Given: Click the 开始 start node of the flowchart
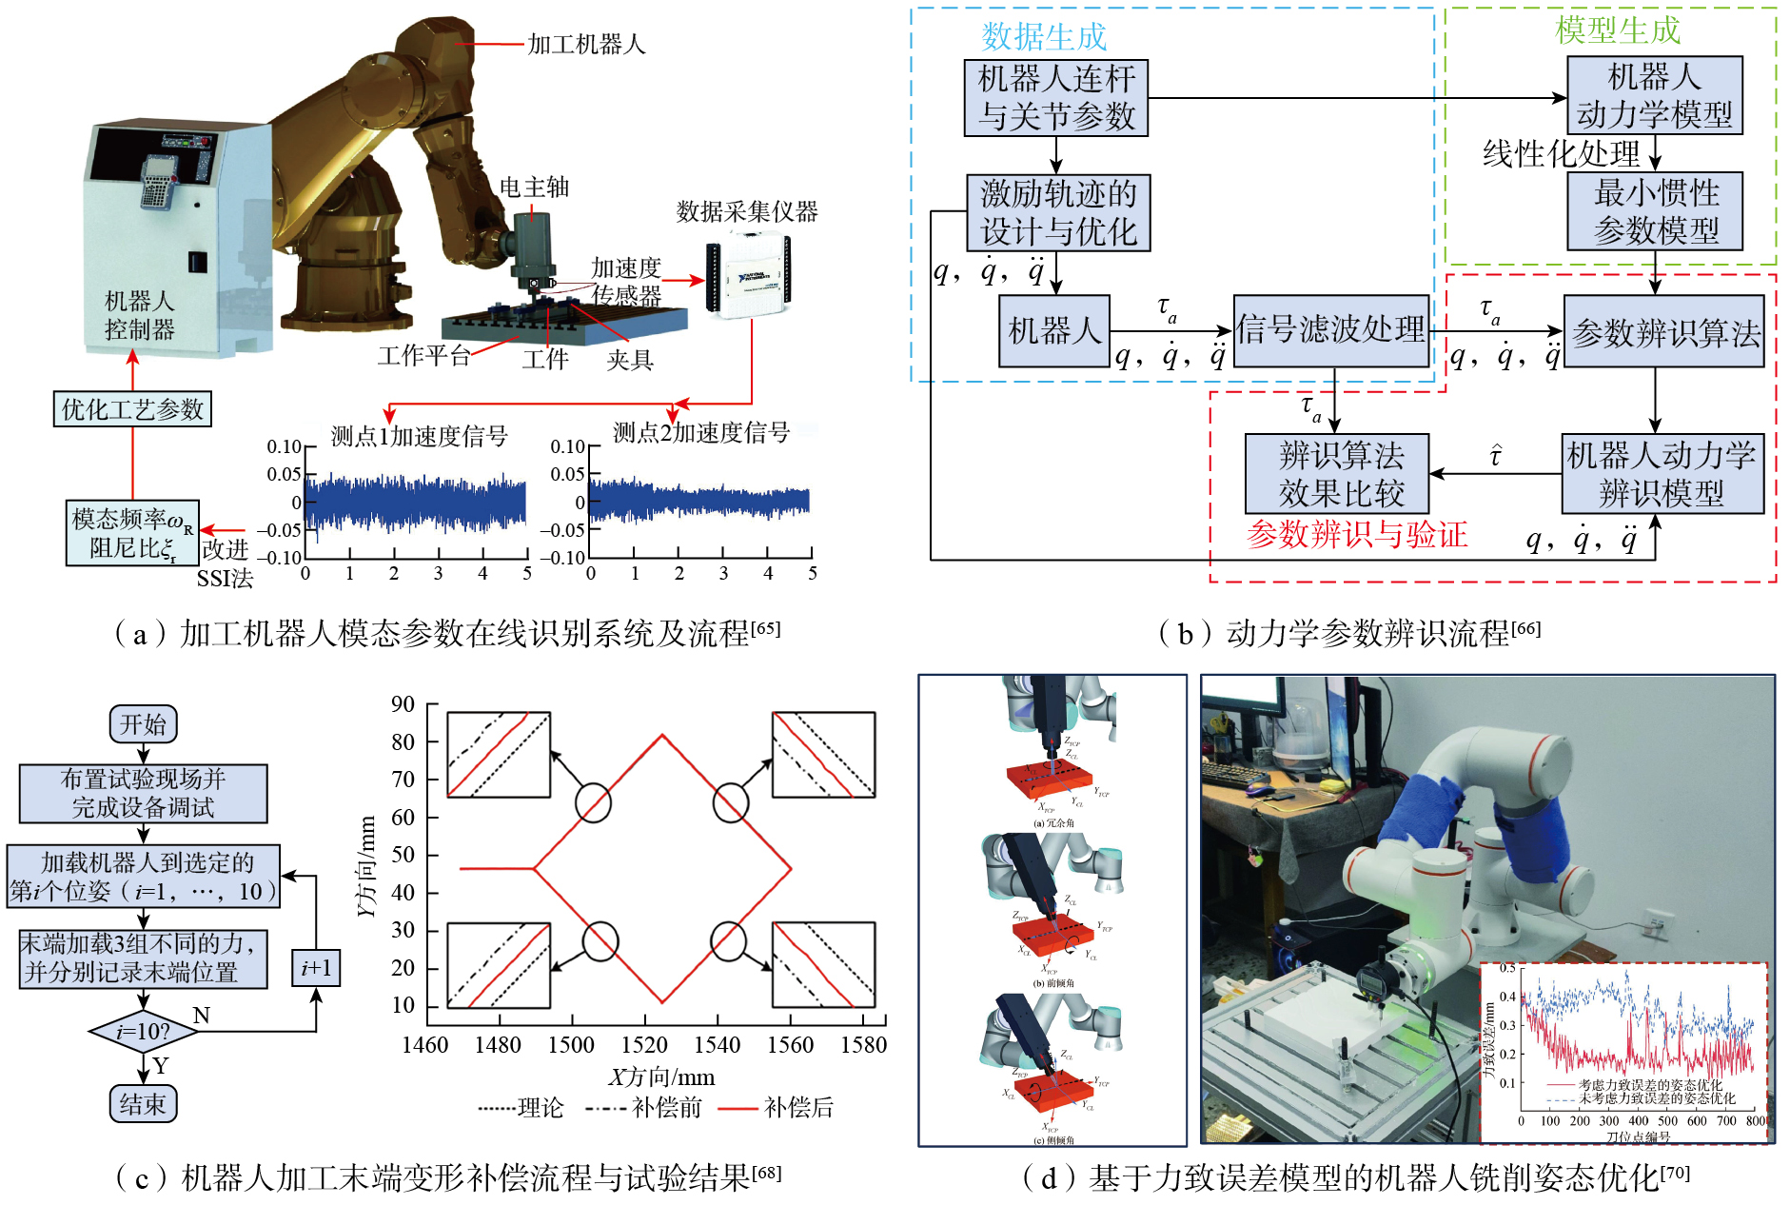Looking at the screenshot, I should [x=143, y=724].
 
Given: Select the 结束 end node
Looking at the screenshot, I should [x=143, y=1104].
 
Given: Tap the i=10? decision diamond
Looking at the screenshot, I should [x=143, y=1032].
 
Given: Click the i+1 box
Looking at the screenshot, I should [x=316, y=968].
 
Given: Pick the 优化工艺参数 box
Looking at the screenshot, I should [x=132, y=409].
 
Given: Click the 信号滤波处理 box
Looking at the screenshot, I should [x=1331, y=330].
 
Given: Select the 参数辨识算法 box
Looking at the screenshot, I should [x=1664, y=332].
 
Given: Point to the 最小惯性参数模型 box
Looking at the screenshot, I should [x=1656, y=211].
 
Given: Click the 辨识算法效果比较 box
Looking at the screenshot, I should [x=1339, y=474].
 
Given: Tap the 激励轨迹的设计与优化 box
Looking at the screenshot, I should [x=1058, y=212].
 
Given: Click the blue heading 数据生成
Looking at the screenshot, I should [x=1044, y=36].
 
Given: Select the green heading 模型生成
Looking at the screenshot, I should [x=1617, y=30].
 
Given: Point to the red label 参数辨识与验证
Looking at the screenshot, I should [x=1356, y=535].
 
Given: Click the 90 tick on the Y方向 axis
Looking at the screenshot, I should [x=403, y=704].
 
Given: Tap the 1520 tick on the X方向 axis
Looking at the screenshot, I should [x=644, y=1045].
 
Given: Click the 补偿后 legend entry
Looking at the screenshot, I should [x=797, y=1108].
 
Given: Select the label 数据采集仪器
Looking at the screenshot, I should [x=747, y=211].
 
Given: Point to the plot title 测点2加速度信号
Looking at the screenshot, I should [x=700, y=433].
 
